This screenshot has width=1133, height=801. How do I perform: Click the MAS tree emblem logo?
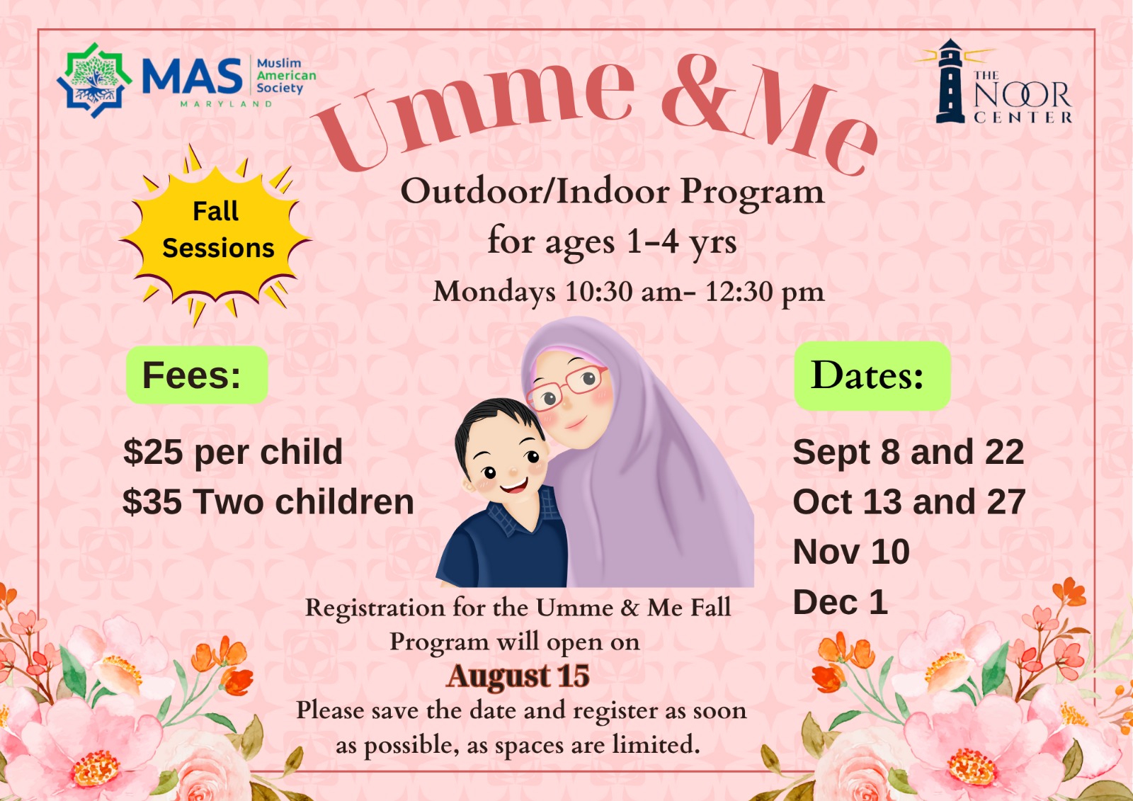pyautogui.click(x=95, y=80)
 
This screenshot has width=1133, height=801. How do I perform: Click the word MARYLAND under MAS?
pyautogui.click(x=226, y=103)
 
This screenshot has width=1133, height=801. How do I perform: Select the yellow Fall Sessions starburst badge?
pyautogui.click(x=215, y=234)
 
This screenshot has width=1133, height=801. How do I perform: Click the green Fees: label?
pyautogui.click(x=197, y=375)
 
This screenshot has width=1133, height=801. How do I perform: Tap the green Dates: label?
pyautogui.click(x=872, y=375)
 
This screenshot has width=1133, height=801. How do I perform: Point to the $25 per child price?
pyautogui.click(x=233, y=452)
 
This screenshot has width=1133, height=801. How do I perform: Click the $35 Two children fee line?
pyautogui.click(x=268, y=502)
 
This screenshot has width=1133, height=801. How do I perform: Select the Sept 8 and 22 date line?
pyautogui.click(x=909, y=452)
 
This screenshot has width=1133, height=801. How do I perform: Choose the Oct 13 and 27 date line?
pyautogui.click(x=909, y=502)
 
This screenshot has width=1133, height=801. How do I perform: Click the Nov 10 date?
pyautogui.click(x=851, y=552)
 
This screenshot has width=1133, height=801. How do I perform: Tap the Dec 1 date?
pyautogui.click(x=840, y=602)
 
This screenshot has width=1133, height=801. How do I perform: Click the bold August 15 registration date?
pyautogui.click(x=518, y=676)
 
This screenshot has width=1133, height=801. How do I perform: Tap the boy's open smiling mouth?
pyautogui.click(x=514, y=487)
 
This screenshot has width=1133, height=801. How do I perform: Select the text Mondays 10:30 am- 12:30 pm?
pyautogui.click(x=629, y=292)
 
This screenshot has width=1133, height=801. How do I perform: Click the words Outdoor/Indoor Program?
pyautogui.click(x=613, y=192)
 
